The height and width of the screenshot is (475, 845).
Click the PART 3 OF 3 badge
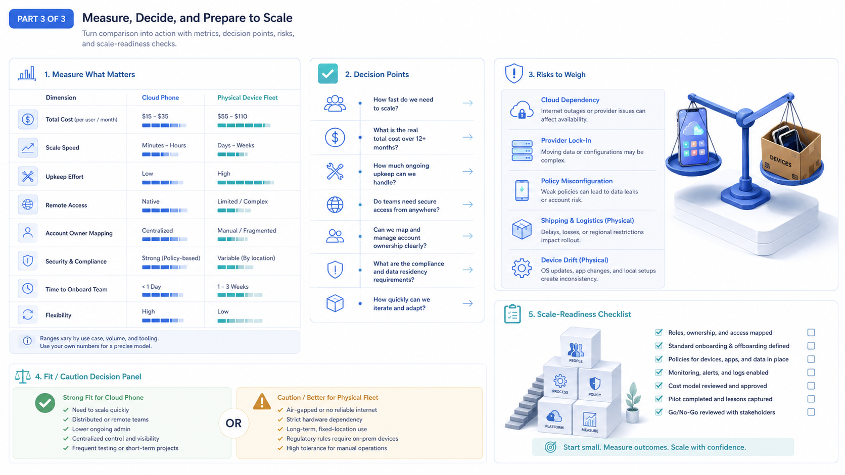click(41, 19)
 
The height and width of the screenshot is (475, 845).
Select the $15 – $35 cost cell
click(155, 117)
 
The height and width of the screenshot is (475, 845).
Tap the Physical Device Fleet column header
click(248, 97)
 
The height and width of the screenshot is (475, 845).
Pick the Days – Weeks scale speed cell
click(236, 145)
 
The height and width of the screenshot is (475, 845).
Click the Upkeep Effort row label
click(65, 177)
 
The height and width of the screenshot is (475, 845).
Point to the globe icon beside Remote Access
click(27, 204)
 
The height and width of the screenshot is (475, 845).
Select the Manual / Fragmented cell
click(247, 231)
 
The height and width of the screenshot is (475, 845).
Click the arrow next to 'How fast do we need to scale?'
click(468, 103)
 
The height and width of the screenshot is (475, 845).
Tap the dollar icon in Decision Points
click(335, 137)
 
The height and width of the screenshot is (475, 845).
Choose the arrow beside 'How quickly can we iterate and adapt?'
click(468, 303)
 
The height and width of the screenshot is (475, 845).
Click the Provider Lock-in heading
click(566, 140)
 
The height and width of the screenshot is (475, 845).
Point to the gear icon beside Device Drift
click(522, 268)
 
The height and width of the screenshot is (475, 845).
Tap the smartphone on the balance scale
click(692, 136)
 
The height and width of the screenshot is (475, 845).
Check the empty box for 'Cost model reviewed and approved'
click(811, 386)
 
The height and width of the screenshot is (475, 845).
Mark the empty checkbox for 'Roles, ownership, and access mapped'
click(811, 333)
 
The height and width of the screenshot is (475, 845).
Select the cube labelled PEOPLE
click(580, 348)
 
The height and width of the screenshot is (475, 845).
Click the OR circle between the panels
click(233, 423)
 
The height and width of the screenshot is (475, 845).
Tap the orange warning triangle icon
click(262, 401)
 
